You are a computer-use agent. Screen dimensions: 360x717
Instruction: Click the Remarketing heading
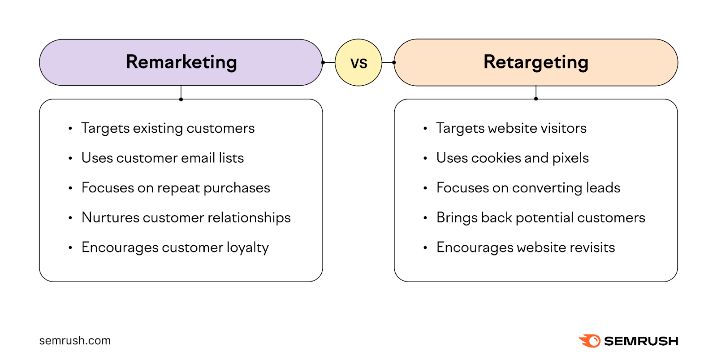pos(181,62)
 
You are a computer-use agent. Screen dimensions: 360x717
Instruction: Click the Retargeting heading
pos(536,62)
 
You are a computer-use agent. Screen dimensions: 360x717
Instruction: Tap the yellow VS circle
pos(358,63)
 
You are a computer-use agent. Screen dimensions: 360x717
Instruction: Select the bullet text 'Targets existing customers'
pos(168,128)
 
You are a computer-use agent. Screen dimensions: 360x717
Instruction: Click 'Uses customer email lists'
pos(162,158)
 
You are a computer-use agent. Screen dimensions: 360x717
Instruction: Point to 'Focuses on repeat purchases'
pos(176,188)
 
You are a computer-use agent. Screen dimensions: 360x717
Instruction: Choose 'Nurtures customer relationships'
pos(186,217)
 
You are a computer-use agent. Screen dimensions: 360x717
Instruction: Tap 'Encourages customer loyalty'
pos(175,247)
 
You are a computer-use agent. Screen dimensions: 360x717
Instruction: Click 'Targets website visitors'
pos(511,128)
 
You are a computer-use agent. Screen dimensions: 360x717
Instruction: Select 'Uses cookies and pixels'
pos(512,158)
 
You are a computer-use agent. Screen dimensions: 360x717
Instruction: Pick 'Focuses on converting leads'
pos(528,188)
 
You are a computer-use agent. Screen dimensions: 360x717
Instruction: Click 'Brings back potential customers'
pos(540,217)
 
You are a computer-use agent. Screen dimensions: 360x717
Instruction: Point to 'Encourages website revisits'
pos(525,247)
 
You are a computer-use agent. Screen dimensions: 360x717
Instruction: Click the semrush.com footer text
pos(75,341)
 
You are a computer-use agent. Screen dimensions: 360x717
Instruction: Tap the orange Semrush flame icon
pos(590,341)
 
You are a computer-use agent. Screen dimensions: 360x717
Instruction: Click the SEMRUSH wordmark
pos(641,341)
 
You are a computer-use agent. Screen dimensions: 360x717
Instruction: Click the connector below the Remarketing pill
pos(181,92)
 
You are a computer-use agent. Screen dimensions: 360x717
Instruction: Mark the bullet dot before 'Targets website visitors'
pos(425,129)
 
